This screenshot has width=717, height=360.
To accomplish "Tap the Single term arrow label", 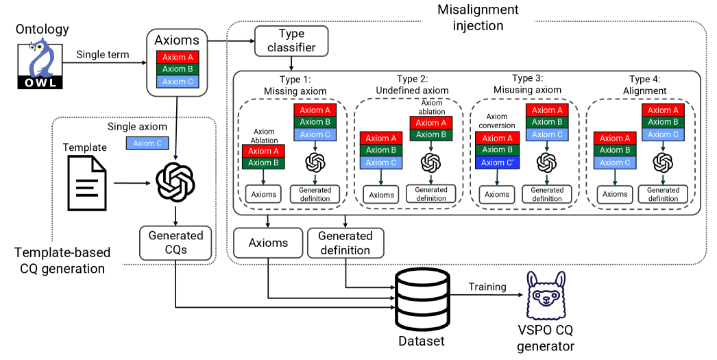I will point(102,54).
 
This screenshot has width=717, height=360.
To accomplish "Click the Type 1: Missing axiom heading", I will point(295,84).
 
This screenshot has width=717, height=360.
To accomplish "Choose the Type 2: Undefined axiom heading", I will point(412,84).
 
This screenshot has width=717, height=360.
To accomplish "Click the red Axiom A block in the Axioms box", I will point(178,58).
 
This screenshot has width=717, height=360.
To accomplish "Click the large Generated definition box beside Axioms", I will point(345,243).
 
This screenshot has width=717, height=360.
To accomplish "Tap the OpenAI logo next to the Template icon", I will point(176,181).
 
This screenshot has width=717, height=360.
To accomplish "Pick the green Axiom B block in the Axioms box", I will point(178,69).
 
